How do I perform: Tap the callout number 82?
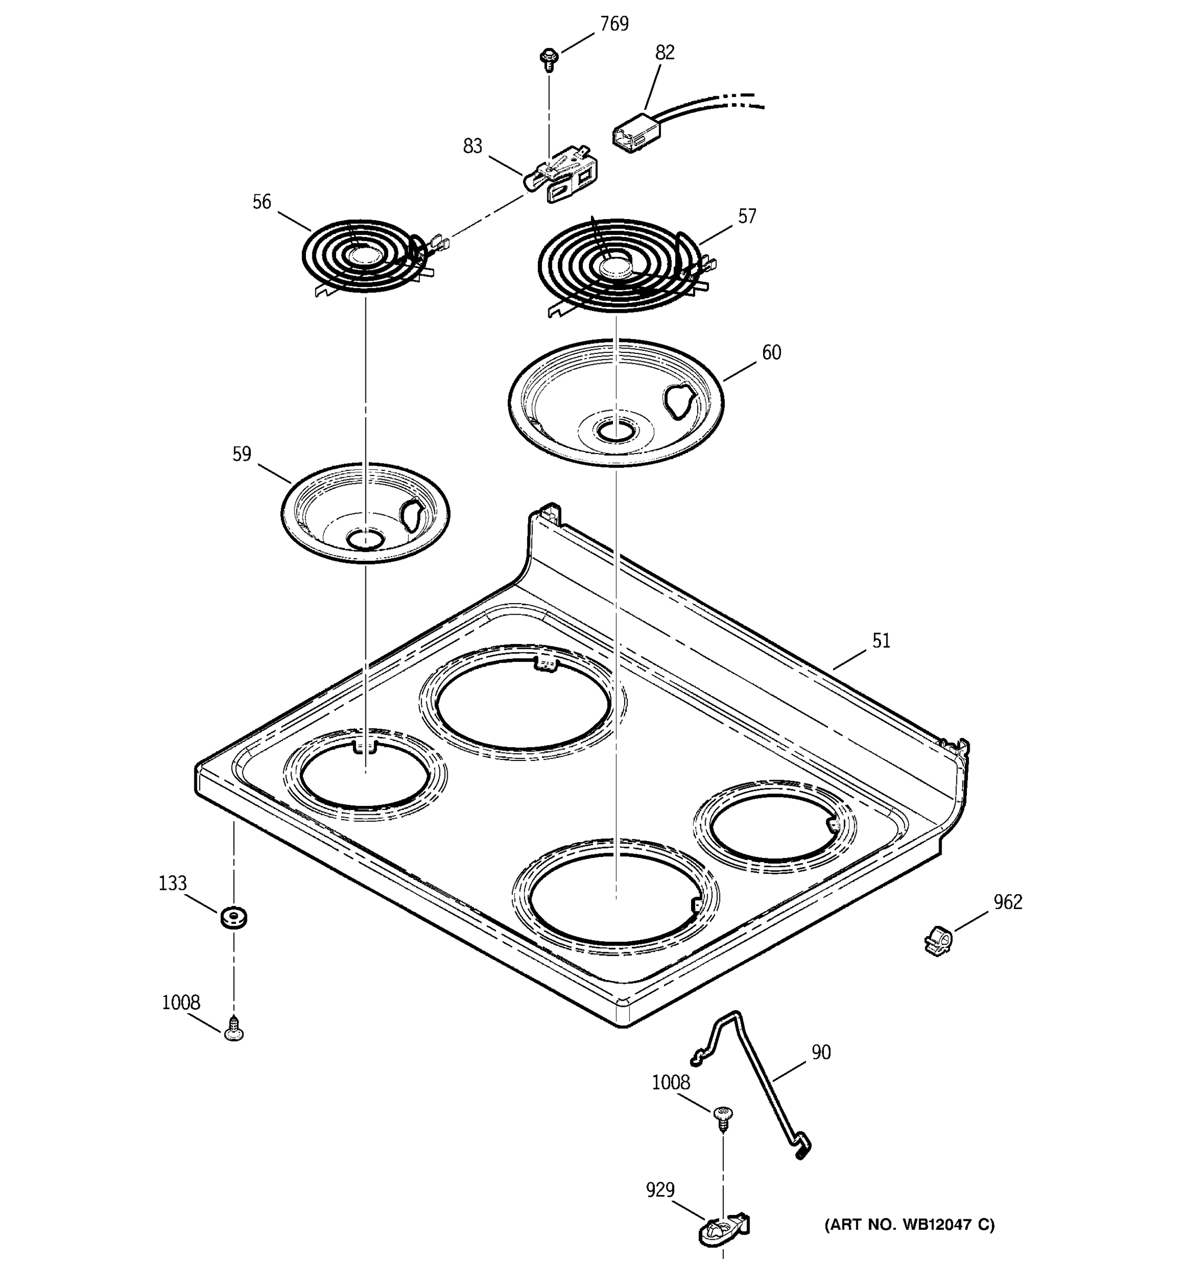pos(664,53)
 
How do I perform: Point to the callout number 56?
pos(261,202)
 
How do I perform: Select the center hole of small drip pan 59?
pos(365,540)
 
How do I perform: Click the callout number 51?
pos(881,640)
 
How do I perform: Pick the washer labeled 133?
pos(233,917)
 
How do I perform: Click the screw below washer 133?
pos(234,1028)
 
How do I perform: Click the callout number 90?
pos(821,1052)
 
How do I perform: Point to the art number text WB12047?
pos(909,1224)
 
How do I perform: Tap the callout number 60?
pos(771,352)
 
